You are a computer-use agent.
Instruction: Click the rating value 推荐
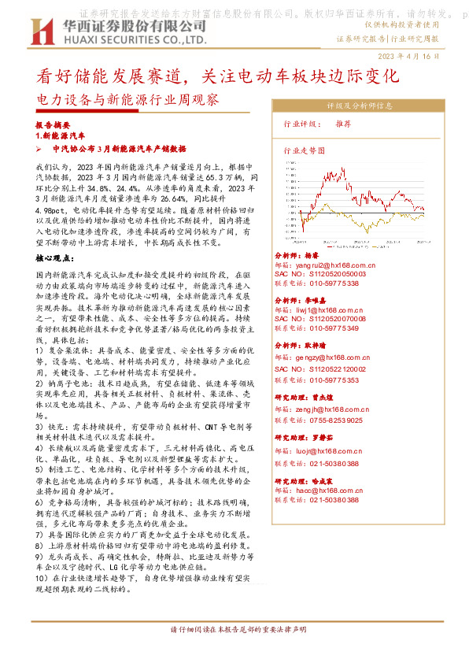[342, 124]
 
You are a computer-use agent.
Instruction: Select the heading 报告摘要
[53, 125]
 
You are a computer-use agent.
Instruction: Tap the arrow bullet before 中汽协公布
[39, 148]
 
